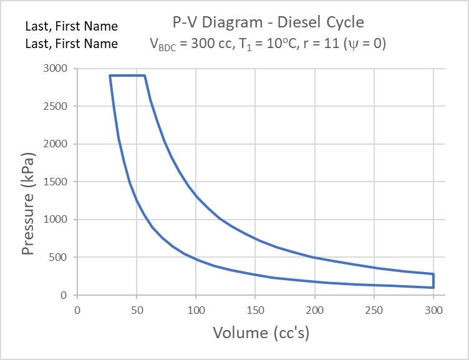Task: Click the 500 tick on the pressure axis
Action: [59, 257]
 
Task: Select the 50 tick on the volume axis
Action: [137, 310]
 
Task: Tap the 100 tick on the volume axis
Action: [196, 310]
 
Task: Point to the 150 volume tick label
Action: [255, 310]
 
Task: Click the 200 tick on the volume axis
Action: [314, 310]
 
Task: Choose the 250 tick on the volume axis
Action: [374, 310]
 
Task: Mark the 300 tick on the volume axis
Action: [433, 310]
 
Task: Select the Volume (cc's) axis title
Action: [261, 333]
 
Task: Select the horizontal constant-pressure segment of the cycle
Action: [127, 75]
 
